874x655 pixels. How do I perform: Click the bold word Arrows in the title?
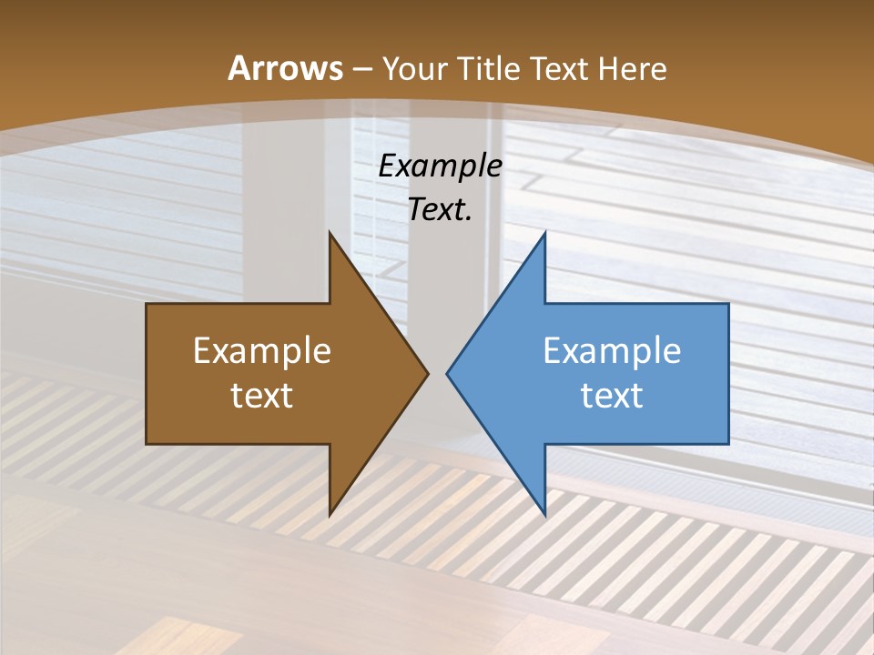pyautogui.click(x=285, y=68)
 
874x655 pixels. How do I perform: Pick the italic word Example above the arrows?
pyautogui.click(x=440, y=166)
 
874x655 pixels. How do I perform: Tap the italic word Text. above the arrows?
pyautogui.click(x=440, y=210)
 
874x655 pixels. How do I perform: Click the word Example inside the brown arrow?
pyautogui.click(x=262, y=351)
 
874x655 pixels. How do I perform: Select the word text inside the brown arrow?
pyautogui.click(x=262, y=395)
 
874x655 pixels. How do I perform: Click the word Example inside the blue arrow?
pyautogui.click(x=612, y=351)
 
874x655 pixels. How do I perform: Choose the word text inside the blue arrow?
pyautogui.click(x=612, y=395)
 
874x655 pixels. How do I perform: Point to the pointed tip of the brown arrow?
pyautogui.click(x=428, y=373)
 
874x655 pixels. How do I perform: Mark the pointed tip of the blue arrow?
pyautogui.click(x=447, y=373)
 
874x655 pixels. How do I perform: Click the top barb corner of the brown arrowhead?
pyautogui.click(x=330, y=232)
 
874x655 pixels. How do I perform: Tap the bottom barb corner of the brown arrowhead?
pyautogui.click(x=330, y=516)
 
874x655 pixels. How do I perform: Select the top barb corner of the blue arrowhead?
pyautogui.click(x=544, y=232)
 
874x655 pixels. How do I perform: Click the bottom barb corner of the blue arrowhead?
pyautogui.click(x=544, y=516)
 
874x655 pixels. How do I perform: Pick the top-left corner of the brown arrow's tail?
pyautogui.click(x=147, y=304)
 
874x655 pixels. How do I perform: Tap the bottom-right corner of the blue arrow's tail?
pyautogui.click(x=728, y=444)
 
